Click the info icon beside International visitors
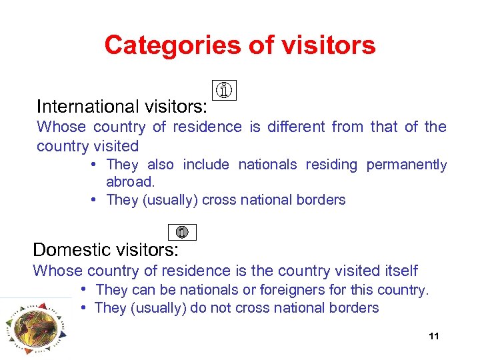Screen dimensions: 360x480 (225, 89)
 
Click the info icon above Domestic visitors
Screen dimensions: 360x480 (183, 232)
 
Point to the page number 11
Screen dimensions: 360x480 (434, 336)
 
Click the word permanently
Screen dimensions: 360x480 (407, 165)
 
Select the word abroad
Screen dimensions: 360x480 (130, 182)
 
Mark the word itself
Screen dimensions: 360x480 (399, 271)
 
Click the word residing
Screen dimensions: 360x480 (331, 165)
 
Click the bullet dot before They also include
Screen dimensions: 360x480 (95, 164)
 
